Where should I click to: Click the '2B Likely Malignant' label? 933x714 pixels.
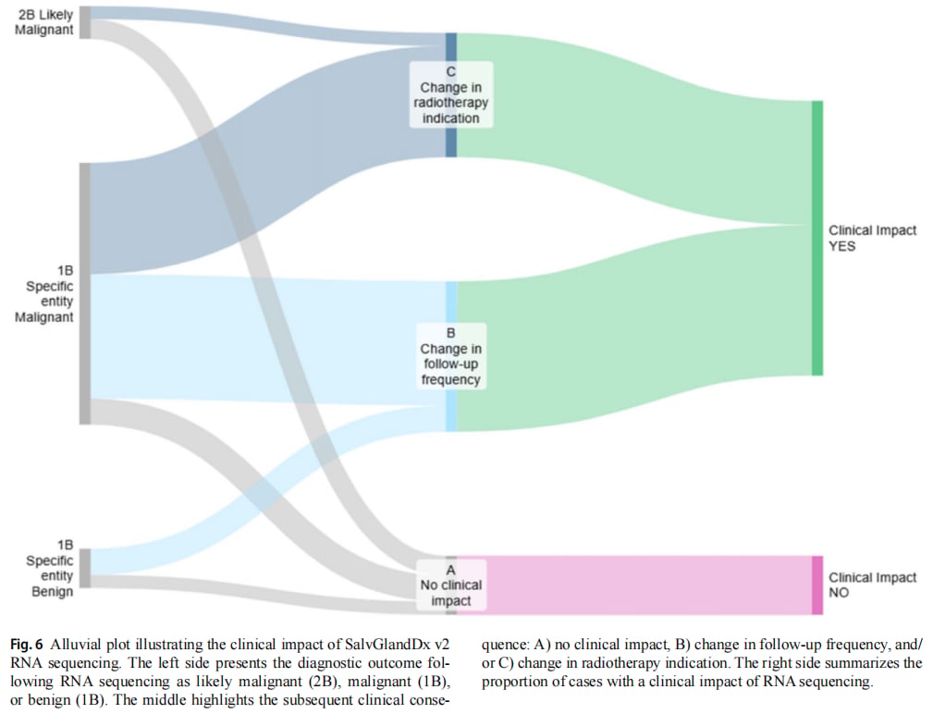(44, 22)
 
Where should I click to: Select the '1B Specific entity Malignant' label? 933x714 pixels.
(44, 294)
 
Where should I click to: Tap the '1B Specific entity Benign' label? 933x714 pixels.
(49, 568)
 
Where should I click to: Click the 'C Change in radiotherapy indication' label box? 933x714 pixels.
(451, 94)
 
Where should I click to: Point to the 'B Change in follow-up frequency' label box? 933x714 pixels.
(451, 356)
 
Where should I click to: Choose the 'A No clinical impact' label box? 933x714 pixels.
(451, 585)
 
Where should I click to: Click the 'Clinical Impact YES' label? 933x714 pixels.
(872, 238)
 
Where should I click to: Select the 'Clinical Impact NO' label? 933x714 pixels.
(872, 585)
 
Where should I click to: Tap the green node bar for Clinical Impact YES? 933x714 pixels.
(817, 238)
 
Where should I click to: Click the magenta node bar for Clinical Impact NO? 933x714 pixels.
(817, 585)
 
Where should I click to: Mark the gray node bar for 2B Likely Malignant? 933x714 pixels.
(85, 22)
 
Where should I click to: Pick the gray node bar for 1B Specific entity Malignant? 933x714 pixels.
(85, 294)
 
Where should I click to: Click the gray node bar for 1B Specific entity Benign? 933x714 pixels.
(85, 568)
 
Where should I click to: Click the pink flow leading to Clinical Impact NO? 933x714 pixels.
(648, 585)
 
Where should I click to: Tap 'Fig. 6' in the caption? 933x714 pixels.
(27, 645)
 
